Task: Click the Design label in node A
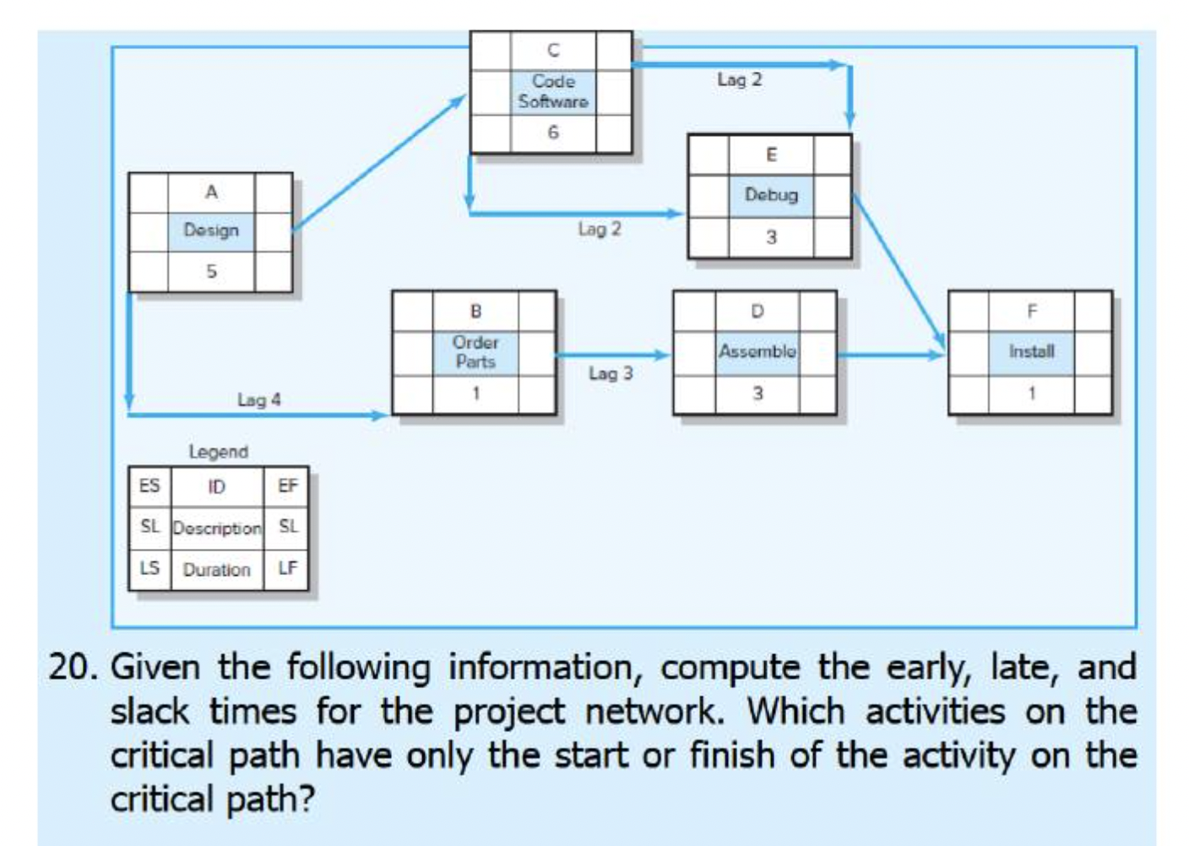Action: (x=211, y=230)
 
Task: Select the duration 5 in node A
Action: (x=211, y=272)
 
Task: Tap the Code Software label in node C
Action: (x=553, y=91)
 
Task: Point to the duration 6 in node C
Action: (x=553, y=133)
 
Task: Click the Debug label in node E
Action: (x=770, y=195)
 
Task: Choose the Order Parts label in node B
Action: (x=475, y=352)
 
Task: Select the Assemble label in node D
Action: (x=757, y=351)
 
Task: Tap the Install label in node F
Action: (x=1031, y=351)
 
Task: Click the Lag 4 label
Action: (x=258, y=400)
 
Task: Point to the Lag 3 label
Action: (x=611, y=373)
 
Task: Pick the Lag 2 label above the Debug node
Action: (x=739, y=80)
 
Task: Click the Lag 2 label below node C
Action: (x=600, y=230)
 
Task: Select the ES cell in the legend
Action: (x=149, y=486)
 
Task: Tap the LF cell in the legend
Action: (x=287, y=568)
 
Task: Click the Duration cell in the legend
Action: (x=217, y=570)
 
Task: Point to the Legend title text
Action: (x=218, y=452)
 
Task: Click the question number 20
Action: (x=73, y=667)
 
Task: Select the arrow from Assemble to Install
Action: (x=891, y=355)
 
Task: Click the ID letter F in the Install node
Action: (x=1031, y=312)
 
